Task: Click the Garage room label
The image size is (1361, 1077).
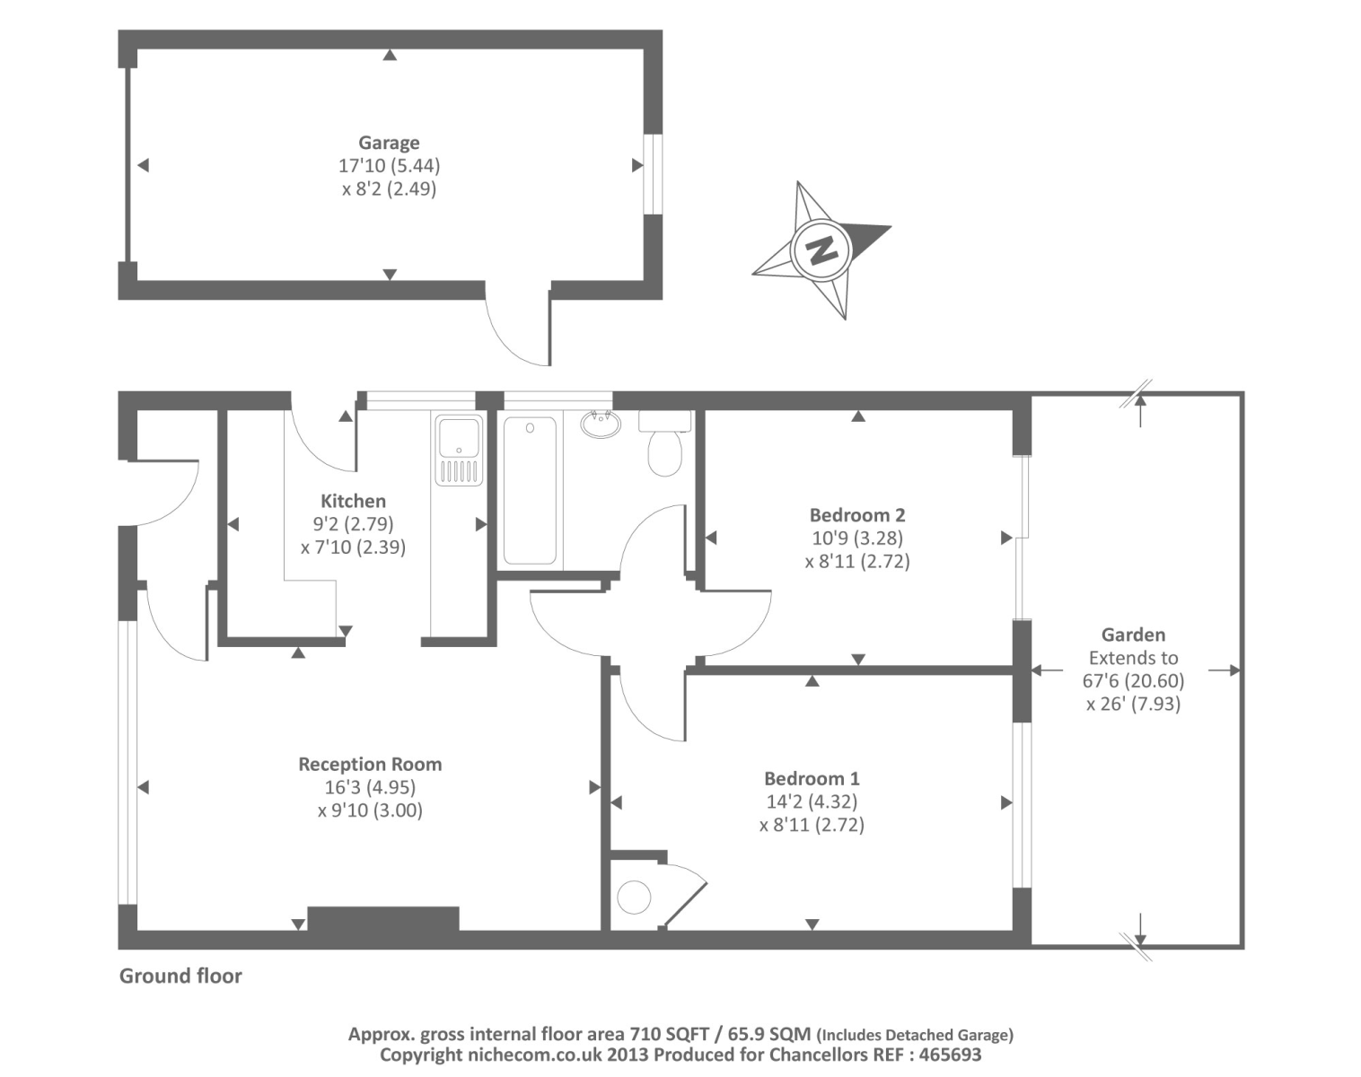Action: pos(389,143)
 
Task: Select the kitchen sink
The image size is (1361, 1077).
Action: pos(459,450)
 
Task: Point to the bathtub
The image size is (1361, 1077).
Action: pos(530,490)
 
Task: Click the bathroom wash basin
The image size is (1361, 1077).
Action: pos(601,423)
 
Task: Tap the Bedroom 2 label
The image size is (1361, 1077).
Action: pos(857,515)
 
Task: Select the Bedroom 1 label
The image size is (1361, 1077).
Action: pos(812,778)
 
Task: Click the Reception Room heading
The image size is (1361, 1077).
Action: pos(370,765)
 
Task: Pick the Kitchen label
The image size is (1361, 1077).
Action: pos(353,502)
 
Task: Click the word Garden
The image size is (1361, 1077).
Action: pos(1133,635)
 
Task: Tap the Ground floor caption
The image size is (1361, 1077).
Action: pos(180,976)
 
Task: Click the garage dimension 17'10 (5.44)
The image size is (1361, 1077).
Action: pos(389,166)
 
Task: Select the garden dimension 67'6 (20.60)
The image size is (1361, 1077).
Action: pos(1133,681)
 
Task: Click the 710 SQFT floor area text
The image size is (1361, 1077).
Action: pos(669,1034)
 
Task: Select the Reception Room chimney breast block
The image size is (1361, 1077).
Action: pos(383,918)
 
